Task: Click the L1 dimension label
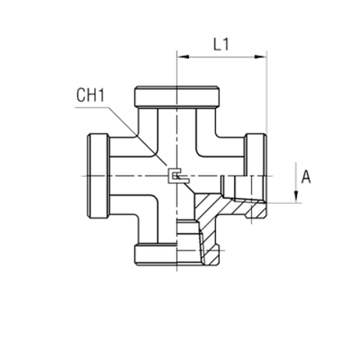tap(221, 44)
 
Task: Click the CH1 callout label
tap(90, 95)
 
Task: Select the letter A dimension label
tap(306, 177)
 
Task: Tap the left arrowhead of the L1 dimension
tap(183, 56)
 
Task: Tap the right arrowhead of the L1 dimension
tap(260, 56)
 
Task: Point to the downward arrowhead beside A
tap(296, 196)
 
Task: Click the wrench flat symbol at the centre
tap(178, 176)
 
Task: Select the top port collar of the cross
tap(177, 97)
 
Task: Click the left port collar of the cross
tap(98, 176)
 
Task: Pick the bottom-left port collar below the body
tap(155, 254)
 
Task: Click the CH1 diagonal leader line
tap(137, 136)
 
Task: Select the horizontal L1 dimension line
tap(222, 56)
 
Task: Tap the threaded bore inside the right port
tap(244, 188)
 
